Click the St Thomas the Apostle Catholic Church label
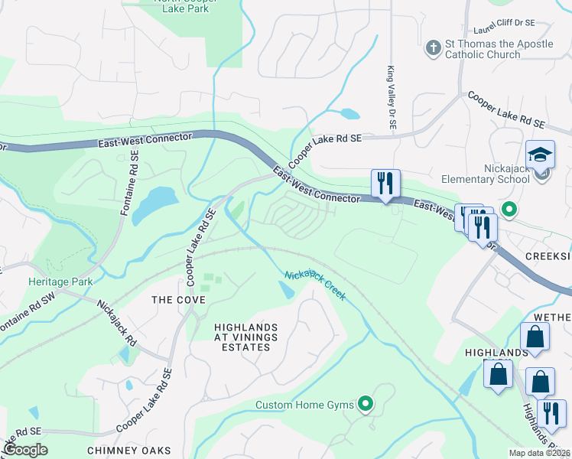click(499, 50)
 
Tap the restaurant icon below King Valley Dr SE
click(385, 184)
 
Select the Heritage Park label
click(60, 282)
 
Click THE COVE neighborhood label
click(178, 300)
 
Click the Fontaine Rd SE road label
click(129, 183)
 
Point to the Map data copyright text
click(540, 453)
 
